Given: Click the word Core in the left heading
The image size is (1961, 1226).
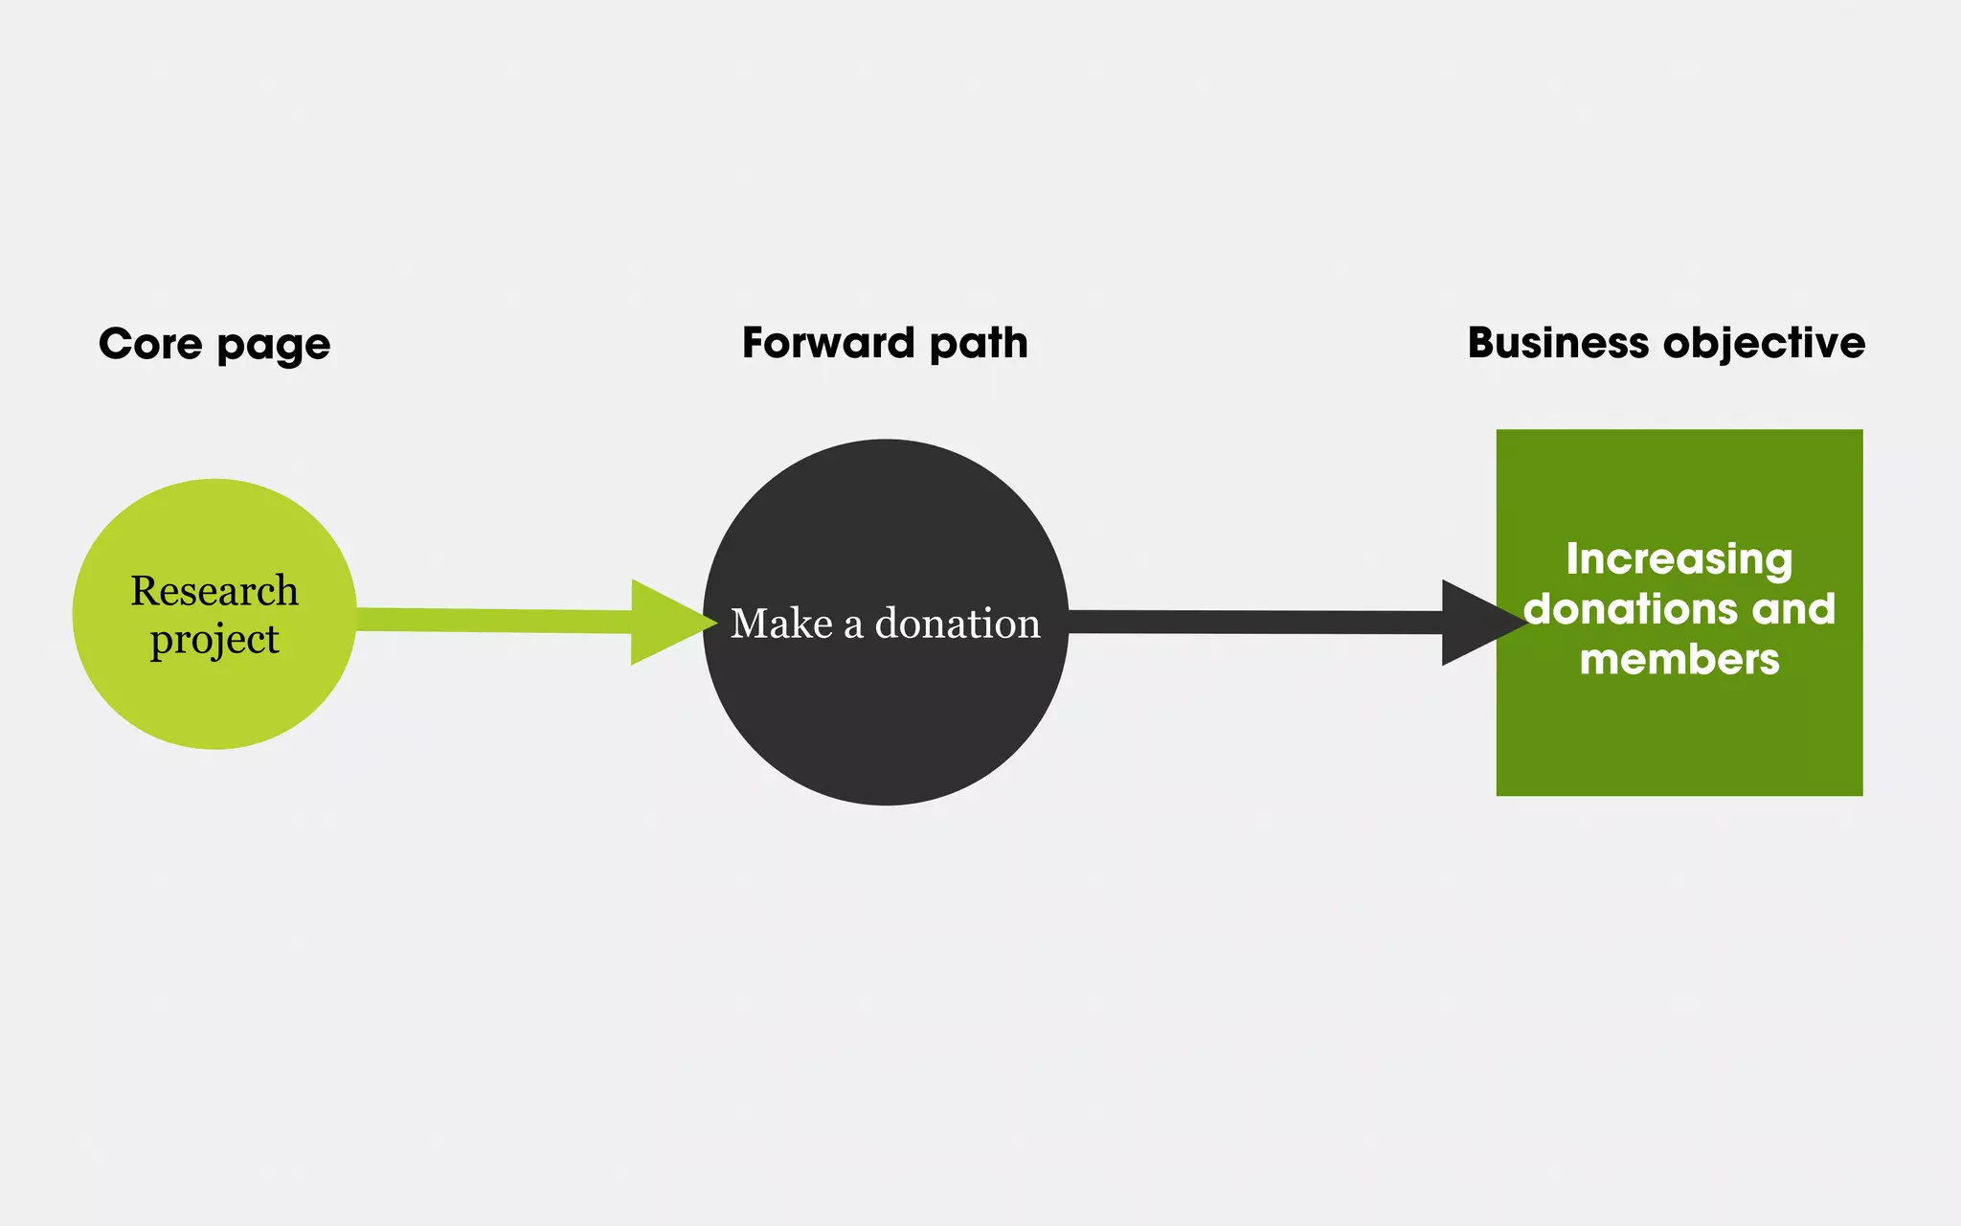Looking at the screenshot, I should click(x=149, y=344).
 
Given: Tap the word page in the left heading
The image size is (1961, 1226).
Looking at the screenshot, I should click(x=274, y=347).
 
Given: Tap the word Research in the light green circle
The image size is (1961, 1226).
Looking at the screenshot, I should click(x=214, y=591).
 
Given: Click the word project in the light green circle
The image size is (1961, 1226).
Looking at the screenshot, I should click(x=214, y=640).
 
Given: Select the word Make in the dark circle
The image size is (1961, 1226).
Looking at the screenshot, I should click(x=781, y=624).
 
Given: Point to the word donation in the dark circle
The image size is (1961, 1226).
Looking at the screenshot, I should click(x=958, y=624).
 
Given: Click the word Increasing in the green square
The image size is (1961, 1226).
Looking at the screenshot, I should click(x=1679, y=559).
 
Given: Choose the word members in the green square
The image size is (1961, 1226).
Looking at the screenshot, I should click(x=1679, y=660).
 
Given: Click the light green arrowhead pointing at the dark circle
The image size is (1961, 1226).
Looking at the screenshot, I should click(x=665, y=623).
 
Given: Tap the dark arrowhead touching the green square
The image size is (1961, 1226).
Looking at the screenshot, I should click(x=1475, y=623).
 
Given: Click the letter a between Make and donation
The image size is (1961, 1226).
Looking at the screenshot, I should click(x=852, y=625).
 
